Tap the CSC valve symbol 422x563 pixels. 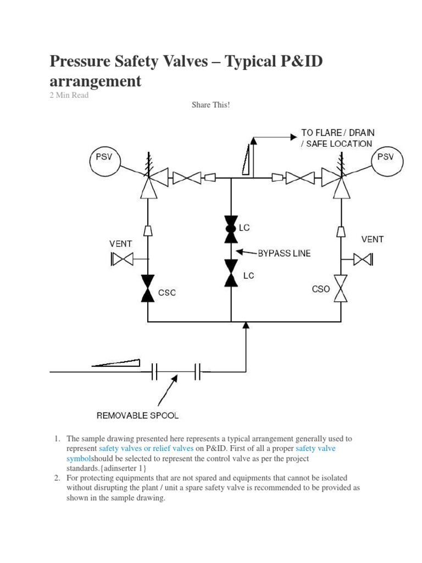(147, 288)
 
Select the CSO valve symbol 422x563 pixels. (342, 288)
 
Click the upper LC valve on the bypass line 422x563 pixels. (231, 229)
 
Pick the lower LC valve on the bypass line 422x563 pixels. (231, 273)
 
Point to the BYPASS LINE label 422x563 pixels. (284, 253)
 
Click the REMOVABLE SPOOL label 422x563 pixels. (137, 415)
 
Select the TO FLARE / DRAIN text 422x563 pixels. (337, 133)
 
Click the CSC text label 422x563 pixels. (166, 293)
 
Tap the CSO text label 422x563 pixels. (320, 289)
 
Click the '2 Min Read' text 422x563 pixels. (69, 95)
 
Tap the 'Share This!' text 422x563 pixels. (210, 104)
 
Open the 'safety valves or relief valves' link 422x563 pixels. (146, 449)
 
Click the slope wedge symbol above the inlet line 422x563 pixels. (116, 362)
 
